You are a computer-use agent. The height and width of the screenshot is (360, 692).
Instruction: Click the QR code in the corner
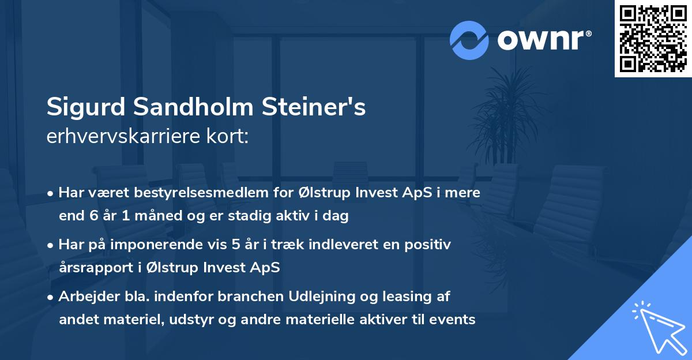coord(653,38)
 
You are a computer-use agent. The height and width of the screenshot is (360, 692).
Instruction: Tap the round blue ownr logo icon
coord(469,40)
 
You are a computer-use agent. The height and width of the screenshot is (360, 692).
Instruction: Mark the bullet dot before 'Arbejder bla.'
coord(52,297)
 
